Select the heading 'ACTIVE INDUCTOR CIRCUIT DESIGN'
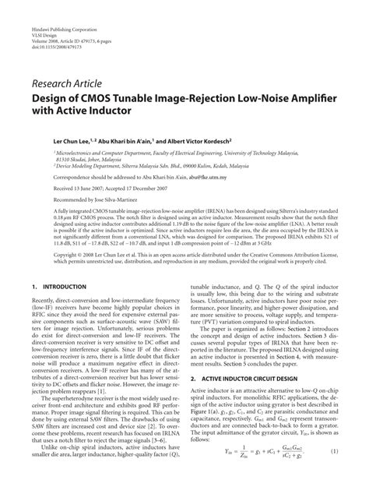coord(256,399)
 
